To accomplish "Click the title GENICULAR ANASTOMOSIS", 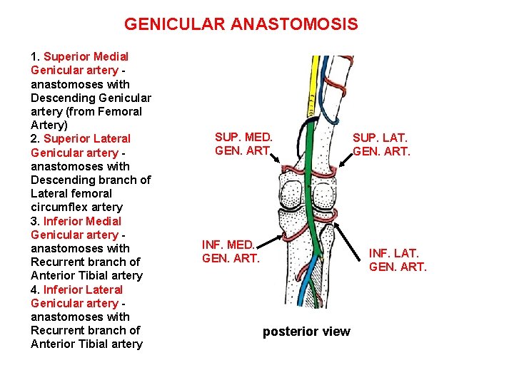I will [241, 25].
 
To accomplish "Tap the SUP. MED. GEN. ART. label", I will [243, 143].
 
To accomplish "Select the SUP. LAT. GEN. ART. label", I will [382, 143].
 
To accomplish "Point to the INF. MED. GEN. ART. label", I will [231, 251].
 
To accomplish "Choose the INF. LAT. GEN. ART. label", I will [398, 260].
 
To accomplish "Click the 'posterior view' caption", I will [306, 331].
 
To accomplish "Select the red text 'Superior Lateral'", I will [87, 138].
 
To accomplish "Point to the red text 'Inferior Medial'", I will [83, 221].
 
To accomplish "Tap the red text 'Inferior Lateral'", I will [83, 289].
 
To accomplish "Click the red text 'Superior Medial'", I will [86, 56].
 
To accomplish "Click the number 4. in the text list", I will [35, 289].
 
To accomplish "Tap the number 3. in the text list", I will [35, 221].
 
